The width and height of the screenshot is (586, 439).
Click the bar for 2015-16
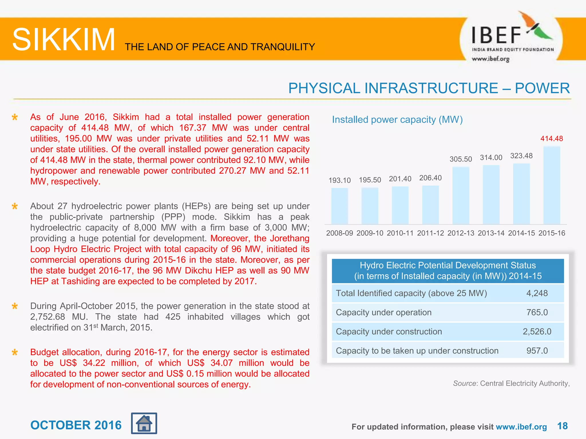(x=552, y=185)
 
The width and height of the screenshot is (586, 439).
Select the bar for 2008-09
(x=340, y=206)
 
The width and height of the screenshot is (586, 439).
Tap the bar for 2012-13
(x=461, y=195)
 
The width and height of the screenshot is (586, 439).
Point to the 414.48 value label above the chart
(x=552, y=139)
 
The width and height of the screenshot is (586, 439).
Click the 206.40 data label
(x=430, y=178)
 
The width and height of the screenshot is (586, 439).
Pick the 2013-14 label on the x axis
(x=491, y=233)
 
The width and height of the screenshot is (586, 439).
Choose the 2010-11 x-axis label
(x=400, y=233)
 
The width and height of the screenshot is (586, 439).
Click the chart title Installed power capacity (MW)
(x=397, y=119)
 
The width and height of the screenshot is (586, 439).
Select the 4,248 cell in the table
(x=537, y=293)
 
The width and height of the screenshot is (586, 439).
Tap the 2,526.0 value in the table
(x=537, y=332)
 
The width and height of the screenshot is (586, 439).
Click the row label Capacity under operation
(x=384, y=312)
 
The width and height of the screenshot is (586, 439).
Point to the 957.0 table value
(x=537, y=351)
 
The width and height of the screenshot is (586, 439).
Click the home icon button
(x=144, y=423)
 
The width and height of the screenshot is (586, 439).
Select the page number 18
(x=562, y=426)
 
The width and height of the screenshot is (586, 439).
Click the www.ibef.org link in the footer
(x=521, y=427)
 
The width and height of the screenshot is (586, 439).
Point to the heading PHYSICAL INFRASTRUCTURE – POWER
(x=429, y=88)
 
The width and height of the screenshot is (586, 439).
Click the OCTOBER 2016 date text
(x=76, y=425)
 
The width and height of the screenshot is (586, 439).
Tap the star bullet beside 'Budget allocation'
(x=15, y=352)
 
